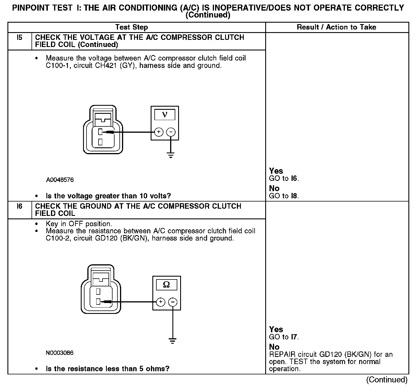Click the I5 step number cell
pyautogui.click(x=19, y=38)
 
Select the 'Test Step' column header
pyautogui.click(x=131, y=27)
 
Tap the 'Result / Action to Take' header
pyautogui.click(x=337, y=27)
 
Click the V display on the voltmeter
pyautogui.click(x=165, y=115)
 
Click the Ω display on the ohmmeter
pyautogui.click(x=166, y=284)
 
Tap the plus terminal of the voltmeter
pyautogui.click(x=159, y=132)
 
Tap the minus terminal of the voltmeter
pyautogui.click(x=171, y=132)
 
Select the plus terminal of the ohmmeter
pyautogui.click(x=160, y=302)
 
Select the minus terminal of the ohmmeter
pyautogui.click(x=172, y=302)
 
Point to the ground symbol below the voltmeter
pyautogui.click(x=171, y=156)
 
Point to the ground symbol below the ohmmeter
pyautogui.click(x=172, y=341)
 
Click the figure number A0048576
pyautogui.click(x=60, y=180)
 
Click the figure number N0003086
pyautogui.click(x=60, y=353)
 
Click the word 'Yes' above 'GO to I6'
pyautogui.click(x=276, y=171)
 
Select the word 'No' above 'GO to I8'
pyautogui.click(x=274, y=188)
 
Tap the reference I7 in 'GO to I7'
pyautogui.click(x=294, y=337)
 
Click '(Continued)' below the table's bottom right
pyautogui.click(x=387, y=380)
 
